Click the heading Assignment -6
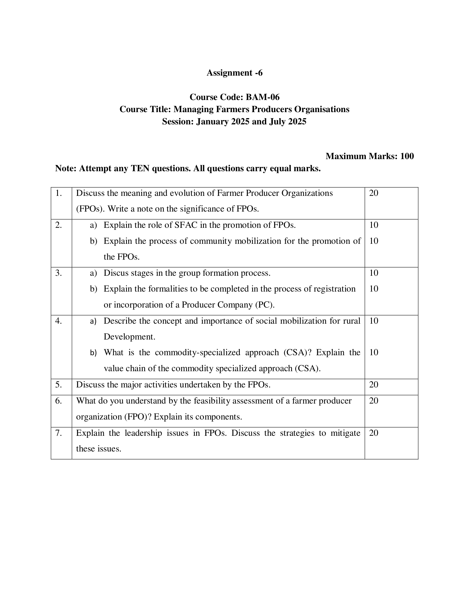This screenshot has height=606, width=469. (x=234, y=73)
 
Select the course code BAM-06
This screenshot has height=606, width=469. (x=263, y=97)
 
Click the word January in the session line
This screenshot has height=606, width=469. (x=212, y=121)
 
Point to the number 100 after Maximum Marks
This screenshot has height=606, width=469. (x=407, y=156)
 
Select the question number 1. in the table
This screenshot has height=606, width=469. (x=58, y=193)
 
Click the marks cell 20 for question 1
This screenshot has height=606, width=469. (x=374, y=193)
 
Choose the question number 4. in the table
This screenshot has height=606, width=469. (x=58, y=321)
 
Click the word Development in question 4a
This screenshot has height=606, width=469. (x=129, y=337)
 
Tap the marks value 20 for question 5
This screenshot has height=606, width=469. (x=374, y=385)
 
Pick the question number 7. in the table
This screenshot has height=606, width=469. (x=58, y=433)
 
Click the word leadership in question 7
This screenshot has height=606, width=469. (x=143, y=433)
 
